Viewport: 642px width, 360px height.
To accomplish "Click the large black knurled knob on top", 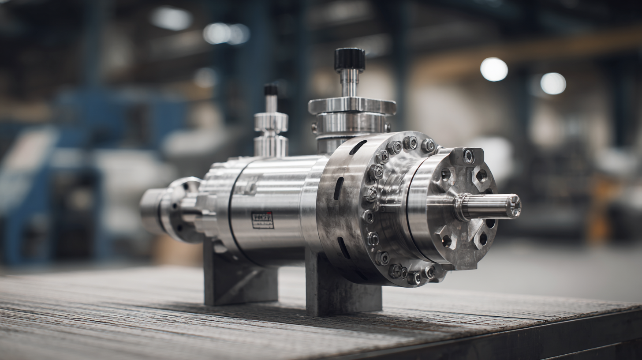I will coord(349,59).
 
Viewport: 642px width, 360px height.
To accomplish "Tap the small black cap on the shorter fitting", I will coord(271,90).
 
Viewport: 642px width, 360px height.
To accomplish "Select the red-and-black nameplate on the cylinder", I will coord(262,220).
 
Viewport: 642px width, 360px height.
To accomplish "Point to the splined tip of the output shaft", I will coord(513,206).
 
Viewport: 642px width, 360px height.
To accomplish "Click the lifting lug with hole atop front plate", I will coord(467,156).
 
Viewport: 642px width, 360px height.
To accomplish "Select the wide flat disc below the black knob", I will coord(351,106).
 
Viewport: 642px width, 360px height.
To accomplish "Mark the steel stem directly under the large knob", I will coord(349,83).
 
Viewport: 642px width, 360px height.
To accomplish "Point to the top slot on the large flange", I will coord(358,147).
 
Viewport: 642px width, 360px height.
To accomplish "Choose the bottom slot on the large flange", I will coord(343,247).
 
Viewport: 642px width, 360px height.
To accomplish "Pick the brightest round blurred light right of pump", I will coord(494,69).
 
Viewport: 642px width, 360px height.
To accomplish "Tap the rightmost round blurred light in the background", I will coord(553,83).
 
